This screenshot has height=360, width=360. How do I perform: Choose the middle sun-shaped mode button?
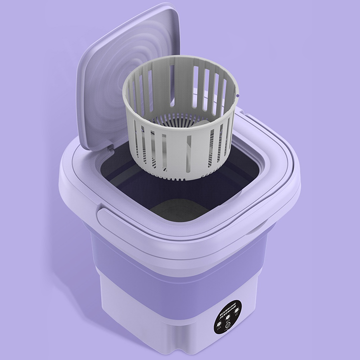point(227,316)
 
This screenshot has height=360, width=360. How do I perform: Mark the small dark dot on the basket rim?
point(237,94)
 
